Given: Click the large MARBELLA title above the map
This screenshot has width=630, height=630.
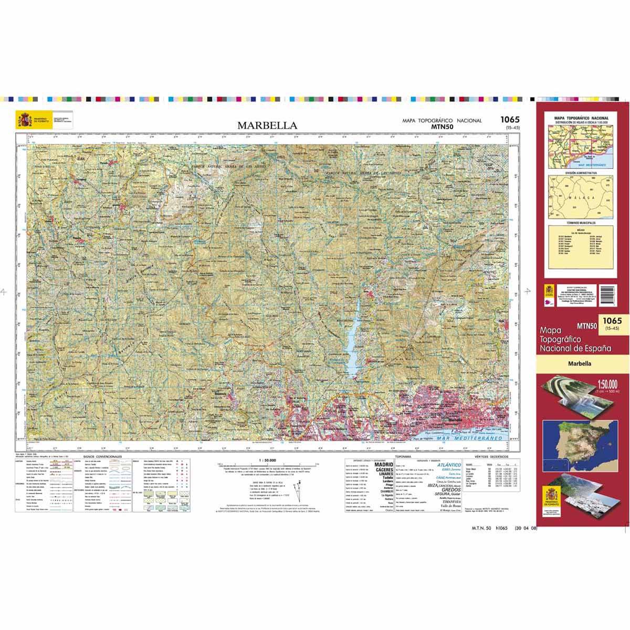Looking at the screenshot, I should [x=267, y=125].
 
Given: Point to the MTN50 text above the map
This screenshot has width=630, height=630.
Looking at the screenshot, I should [x=442, y=127].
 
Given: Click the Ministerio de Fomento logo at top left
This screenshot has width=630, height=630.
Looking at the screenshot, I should [x=24, y=120].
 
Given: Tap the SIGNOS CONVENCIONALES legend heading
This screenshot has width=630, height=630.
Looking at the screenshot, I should [x=106, y=457].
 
